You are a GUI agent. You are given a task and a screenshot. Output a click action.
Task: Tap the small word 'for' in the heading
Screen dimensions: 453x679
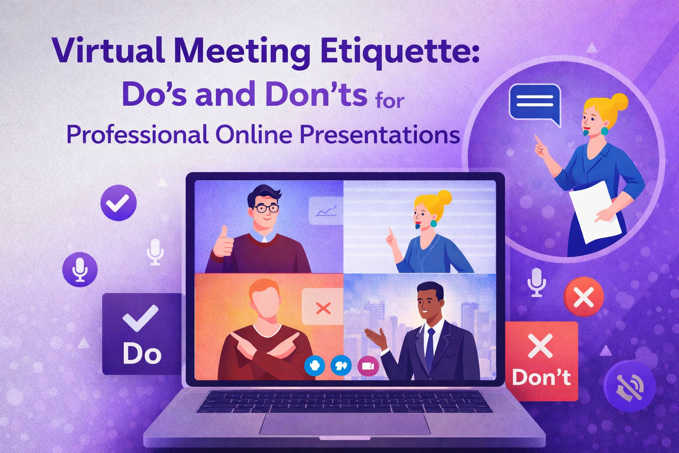tap(389, 101)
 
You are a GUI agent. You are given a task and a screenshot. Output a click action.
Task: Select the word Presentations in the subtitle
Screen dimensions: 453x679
tap(380, 134)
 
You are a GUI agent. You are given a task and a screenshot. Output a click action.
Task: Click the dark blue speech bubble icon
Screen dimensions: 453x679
tap(535, 102)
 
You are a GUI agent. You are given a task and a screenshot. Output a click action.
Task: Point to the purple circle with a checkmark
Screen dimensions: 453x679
tap(118, 203)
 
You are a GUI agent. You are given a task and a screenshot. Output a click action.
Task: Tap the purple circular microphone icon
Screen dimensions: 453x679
tap(80, 269)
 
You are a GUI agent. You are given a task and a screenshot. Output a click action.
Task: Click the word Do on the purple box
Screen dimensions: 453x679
tap(142, 354)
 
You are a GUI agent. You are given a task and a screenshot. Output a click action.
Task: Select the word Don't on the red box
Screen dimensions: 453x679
tap(541, 377)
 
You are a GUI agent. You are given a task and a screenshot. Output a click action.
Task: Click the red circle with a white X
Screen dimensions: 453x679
tap(584, 297)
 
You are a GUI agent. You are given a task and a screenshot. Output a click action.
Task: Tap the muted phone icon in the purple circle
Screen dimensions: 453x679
tap(629, 386)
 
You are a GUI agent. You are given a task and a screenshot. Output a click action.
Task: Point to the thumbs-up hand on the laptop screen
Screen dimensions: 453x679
tap(223, 243)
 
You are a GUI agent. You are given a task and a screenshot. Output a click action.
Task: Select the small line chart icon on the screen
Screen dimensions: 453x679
tap(326, 211)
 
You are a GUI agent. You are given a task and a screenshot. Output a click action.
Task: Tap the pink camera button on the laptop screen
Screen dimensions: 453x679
tap(368, 366)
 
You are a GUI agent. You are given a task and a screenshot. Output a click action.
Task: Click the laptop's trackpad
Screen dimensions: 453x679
tap(344, 424)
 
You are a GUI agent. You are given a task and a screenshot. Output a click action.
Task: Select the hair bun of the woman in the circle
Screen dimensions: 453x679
tap(618, 102)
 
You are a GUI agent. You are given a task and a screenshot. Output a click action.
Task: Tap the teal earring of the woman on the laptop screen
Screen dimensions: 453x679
tap(433, 223)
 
